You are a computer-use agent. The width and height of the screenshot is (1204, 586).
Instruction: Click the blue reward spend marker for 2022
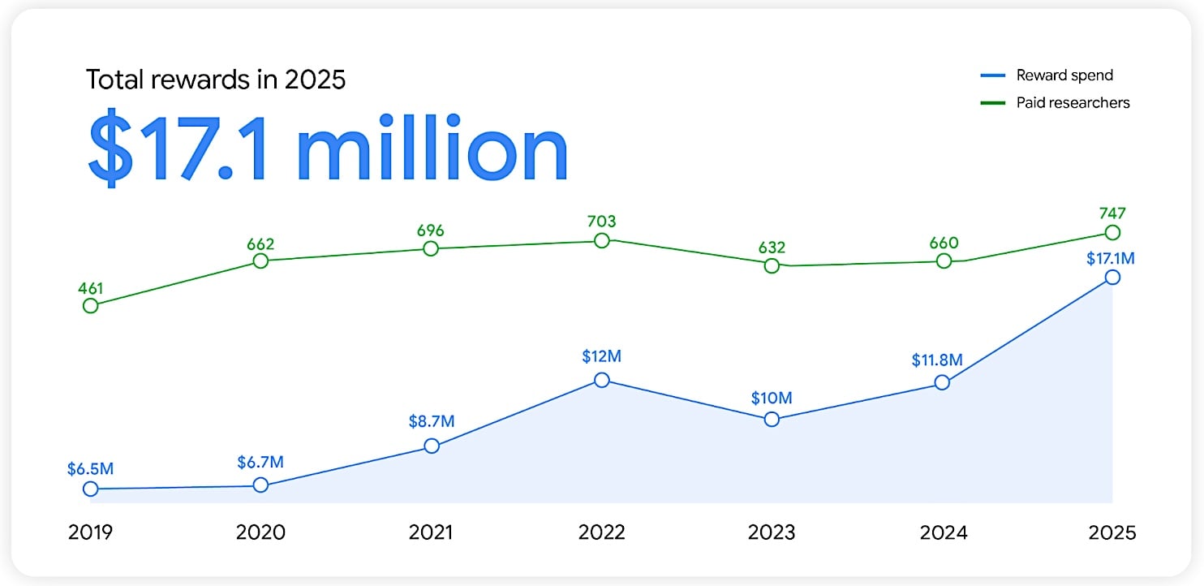[601, 380]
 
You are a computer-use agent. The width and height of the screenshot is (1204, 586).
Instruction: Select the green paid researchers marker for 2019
[91, 306]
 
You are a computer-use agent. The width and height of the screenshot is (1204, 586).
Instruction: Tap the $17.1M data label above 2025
[1111, 258]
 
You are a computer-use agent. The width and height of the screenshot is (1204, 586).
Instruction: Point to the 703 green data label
[601, 221]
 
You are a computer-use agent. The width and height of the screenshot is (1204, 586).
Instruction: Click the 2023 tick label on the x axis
[772, 532]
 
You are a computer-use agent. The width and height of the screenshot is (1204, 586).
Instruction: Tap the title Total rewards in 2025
[216, 80]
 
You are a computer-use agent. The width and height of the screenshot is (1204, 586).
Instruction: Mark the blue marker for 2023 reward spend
[772, 420]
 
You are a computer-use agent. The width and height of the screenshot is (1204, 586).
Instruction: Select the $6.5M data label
[91, 469]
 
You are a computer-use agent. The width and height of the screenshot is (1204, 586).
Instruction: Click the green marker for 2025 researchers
[1112, 233]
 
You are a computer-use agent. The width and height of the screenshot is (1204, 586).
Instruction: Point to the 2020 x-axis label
[260, 532]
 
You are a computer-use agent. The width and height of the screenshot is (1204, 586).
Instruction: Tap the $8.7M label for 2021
[432, 422]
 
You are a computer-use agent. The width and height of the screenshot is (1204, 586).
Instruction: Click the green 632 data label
[772, 247]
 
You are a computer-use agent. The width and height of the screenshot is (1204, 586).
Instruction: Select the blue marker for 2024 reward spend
[942, 382]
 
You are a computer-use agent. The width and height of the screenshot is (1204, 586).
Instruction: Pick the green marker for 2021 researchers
[431, 249]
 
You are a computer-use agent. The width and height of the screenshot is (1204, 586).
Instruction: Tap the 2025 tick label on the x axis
[1112, 532]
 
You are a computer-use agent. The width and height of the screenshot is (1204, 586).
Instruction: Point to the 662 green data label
[260, 243]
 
